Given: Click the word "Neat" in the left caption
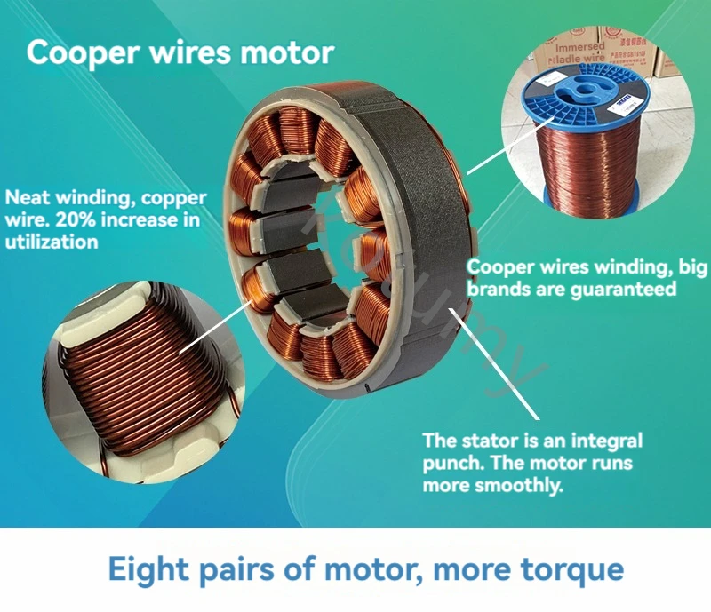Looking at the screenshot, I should coord(25,197).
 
